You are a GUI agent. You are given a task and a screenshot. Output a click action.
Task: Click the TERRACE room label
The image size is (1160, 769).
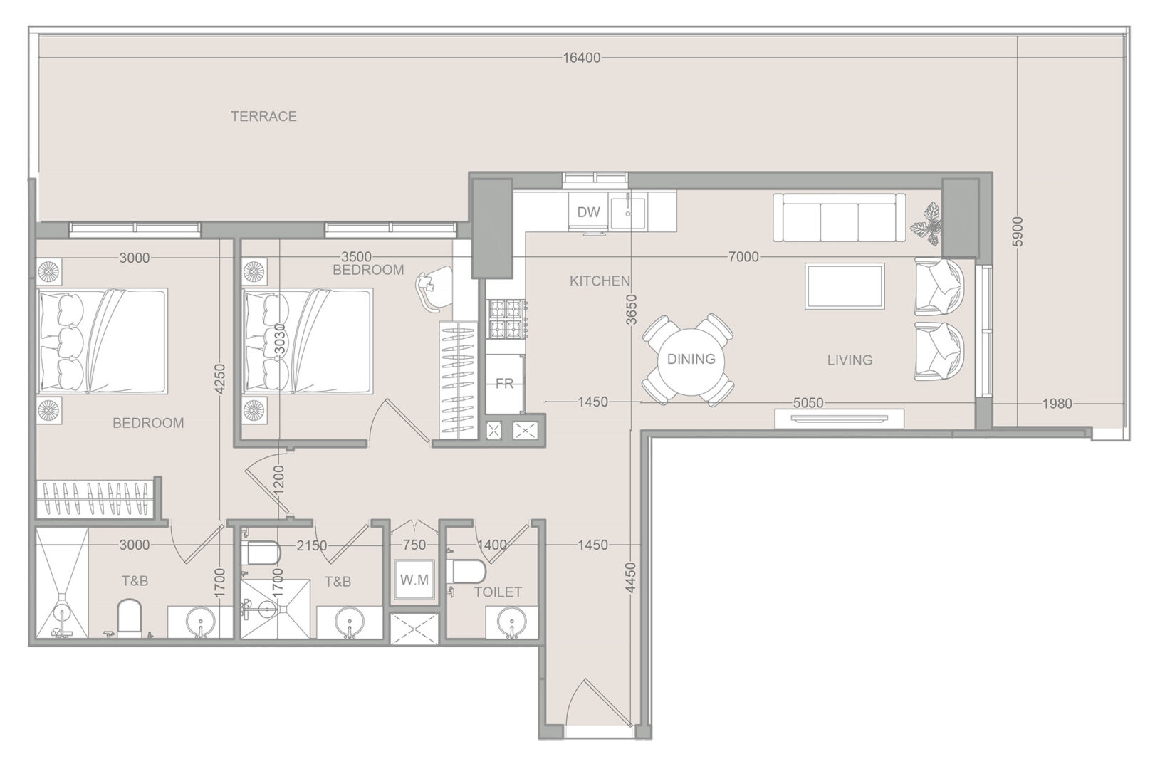coord(263,116)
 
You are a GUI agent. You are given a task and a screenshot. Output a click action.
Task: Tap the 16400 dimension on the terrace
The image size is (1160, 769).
coord(582,58)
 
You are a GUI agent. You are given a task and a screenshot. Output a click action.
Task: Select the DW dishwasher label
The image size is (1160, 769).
coord(588,211)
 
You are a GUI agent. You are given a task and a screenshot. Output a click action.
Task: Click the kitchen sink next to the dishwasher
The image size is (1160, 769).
coord(627,212)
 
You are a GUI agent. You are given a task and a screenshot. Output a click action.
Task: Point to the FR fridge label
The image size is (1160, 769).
coord(504,384)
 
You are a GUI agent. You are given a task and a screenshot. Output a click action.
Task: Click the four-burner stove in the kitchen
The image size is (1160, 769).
coord(506,320)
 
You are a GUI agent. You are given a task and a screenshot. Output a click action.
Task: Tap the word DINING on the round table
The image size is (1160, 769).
coord(691,359)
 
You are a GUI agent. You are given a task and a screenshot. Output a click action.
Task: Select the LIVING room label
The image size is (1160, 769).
coord(850,360)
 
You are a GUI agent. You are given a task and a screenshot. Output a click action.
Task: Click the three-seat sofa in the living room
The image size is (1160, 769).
coord(839,217)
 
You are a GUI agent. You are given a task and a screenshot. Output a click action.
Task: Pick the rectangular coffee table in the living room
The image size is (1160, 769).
coord(845,286)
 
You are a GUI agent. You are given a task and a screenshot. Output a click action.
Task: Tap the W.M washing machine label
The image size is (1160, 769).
coord(414,580)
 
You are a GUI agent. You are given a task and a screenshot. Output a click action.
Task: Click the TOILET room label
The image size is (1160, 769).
coord(498,592)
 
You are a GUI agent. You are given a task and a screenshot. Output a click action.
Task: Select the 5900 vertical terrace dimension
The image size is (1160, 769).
coord(1018,231)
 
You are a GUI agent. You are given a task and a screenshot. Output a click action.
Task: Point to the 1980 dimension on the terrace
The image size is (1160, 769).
coord(1057,404)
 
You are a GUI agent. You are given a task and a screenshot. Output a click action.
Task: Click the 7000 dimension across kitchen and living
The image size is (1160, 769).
coord(743,257)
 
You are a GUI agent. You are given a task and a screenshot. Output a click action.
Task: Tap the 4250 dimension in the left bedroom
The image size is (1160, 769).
coord(220,379)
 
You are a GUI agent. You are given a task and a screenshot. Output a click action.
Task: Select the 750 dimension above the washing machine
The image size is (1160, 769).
coord(414,545)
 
